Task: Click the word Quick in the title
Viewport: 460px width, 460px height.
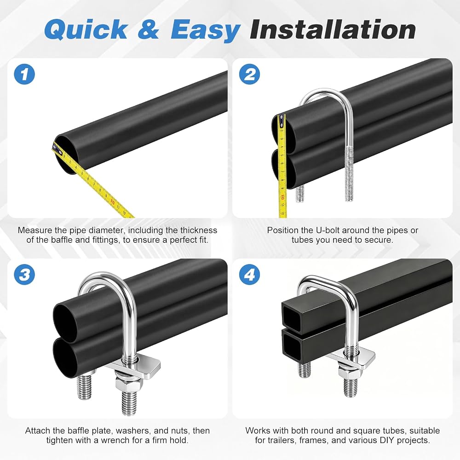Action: tap(86, 29)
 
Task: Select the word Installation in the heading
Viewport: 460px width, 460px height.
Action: tap(333, 29)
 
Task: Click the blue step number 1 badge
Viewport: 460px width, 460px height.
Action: tap(24, 74)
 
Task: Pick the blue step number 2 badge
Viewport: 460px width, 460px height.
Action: tap(249, 74)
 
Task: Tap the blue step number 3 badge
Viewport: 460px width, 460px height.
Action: tap(24, 275)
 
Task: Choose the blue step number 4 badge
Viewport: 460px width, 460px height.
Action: tap(249, 275)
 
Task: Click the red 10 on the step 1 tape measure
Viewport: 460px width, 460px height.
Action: tap(112, 201)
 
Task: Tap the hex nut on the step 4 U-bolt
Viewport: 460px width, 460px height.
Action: tap(348, 373)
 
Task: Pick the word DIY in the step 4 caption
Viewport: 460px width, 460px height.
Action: tap(380, 440)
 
